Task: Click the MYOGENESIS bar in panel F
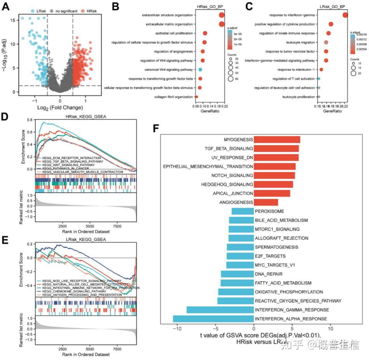click(x=277, y=139)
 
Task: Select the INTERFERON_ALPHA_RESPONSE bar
click(x=213, y=319)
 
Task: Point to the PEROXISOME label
click(x=269, y=211)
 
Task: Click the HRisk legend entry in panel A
click(x=90, y=11)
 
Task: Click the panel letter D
click(x=5, y=116)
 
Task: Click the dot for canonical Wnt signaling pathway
click(x=200, y=70)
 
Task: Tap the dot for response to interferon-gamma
click(x=345, y=15)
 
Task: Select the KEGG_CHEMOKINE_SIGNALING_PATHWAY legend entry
click(x=80, y=291)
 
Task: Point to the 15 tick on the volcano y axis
click(x=13, y=20)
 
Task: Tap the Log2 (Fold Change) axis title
click(x=60, y=108)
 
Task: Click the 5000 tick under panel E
click(x=90, y=350)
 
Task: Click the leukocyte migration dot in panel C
click(x=326, y=42)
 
